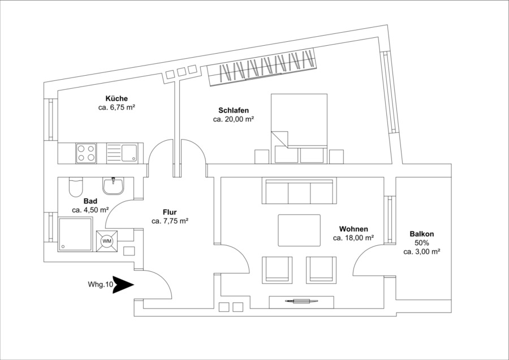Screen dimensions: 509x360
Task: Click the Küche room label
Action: pyautogui.click(x=117, y=98)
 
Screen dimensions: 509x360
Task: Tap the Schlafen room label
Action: pyautogui.click(x=234, y=110)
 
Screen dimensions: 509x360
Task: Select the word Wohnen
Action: pyautogui.click(x=353, y=229)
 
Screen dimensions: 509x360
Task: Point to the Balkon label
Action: pyautogui.click(x=422, y=234)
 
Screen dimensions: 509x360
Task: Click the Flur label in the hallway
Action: pyautogui.click(x=170, y=212)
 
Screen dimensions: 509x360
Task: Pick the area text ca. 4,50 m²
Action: pyautogui.click(x=90, y=210)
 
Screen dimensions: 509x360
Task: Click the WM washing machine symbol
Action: pyautogui.click(x=106, y=241)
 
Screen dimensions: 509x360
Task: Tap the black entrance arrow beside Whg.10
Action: pyautogui.click(x=123, y=285)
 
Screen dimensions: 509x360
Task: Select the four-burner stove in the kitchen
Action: pyautogui.click(x=86, y=153)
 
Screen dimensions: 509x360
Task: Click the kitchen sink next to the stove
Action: pyautogui.click(x=122, y=153)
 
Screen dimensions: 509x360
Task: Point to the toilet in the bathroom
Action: pyautogui.click(x=76, y=187)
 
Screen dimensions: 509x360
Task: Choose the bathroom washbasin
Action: pyautogui.click(x=113, y=186)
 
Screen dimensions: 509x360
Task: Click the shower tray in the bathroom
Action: pyautogui.click(x=75, y=234)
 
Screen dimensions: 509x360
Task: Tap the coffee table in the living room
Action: pyautogui.click(x=299, y=230)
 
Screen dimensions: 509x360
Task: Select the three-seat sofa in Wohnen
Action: pyautogui.click(x=299, y=192)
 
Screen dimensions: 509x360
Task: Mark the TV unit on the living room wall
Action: pyautogui.click(x=301, y=302)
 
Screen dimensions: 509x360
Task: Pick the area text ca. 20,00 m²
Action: pyautogui.click(x=234, y=119)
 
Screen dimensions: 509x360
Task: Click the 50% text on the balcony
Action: pyautogui.click(x=422, y=242)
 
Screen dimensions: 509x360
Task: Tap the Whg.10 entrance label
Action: pyautogui.click(x=101, y=285)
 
